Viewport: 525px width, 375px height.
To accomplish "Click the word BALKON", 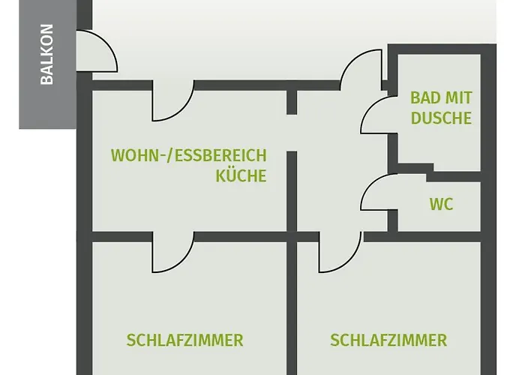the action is (x=46, y=54).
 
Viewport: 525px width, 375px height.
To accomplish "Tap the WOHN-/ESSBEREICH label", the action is (x=189, y=155).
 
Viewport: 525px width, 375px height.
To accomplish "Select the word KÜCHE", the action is (x=241, y=175).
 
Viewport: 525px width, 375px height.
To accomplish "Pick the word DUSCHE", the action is (x=441, y=118).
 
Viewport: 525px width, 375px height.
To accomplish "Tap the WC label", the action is (x=441, y=204).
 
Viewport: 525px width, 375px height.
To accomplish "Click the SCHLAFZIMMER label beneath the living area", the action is (x=184, y=340).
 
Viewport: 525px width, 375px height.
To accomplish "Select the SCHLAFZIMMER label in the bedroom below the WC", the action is (x=388, y=340).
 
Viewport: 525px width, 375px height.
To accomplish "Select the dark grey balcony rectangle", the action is (x=47, y=64).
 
